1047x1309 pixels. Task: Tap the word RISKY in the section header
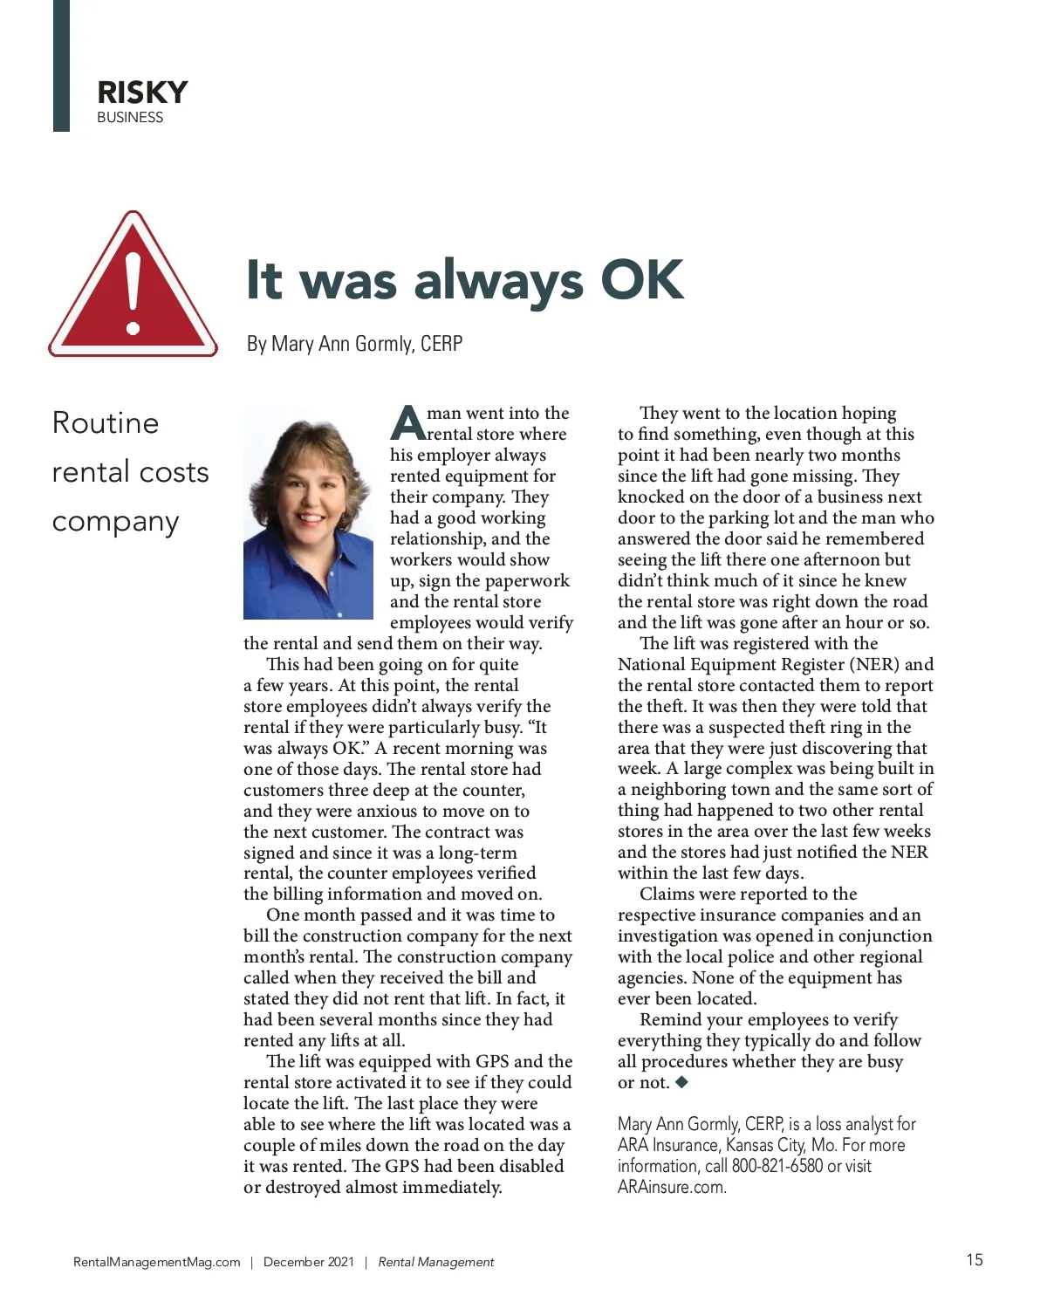(x=142, y=93)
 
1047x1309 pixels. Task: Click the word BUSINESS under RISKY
(x=130, y=118)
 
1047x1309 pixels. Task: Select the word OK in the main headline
(x=642, y=280)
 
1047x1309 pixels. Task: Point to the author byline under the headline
(x=354, y=344)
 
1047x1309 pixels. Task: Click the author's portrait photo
(x=308, y=513)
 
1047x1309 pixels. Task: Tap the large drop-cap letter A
(x=407, y=423)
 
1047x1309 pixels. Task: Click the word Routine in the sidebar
(x=106, y=423)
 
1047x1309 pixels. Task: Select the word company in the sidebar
(x=115, y=522)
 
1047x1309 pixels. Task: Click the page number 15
(x=975, y=1259)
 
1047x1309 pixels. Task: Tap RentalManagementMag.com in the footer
(x=157, y=1262)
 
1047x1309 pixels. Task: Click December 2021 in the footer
(x=309, y=1262)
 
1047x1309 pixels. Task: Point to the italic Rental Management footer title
(x=436, y=1262)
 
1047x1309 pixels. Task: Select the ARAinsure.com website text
(x=671, y=1188)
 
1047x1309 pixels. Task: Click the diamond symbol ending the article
(x=682, y=1082)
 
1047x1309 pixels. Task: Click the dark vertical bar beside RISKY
(x=61, y=65)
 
